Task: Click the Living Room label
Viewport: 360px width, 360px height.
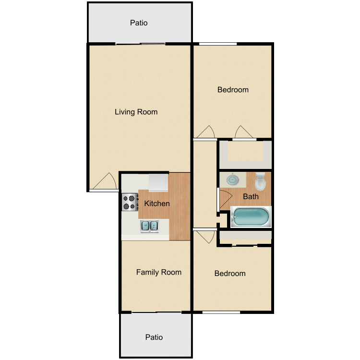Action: click(136, 112)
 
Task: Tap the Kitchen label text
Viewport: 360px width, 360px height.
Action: click(157, 204)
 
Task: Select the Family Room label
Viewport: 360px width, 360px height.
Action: click(159, 272)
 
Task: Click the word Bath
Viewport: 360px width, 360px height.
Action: click(251, 196)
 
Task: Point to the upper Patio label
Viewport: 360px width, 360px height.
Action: click(139, 23)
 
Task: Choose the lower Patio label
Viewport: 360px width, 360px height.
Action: click(154, 337)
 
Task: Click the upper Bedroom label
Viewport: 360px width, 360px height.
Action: click(233, 90)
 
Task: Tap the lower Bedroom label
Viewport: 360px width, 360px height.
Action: click(230, 273)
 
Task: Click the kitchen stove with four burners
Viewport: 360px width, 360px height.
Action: click(130, 202)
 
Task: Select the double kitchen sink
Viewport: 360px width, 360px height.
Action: click(149, 226)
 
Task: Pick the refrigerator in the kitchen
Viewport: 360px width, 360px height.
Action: click(158, 182)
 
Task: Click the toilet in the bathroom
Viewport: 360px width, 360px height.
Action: click(260, 181)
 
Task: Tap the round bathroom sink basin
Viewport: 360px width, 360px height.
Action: click(233, 180)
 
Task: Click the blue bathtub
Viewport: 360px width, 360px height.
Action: click(251, 217)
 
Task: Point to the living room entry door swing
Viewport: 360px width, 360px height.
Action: click(105, 181)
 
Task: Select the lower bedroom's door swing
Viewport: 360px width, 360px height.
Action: click(206, 237)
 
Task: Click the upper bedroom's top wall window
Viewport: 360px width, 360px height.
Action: click(218, 44)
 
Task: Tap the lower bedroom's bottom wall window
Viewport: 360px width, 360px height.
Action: click(221, 312)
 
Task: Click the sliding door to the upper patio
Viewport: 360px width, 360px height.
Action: click(140, 44)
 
